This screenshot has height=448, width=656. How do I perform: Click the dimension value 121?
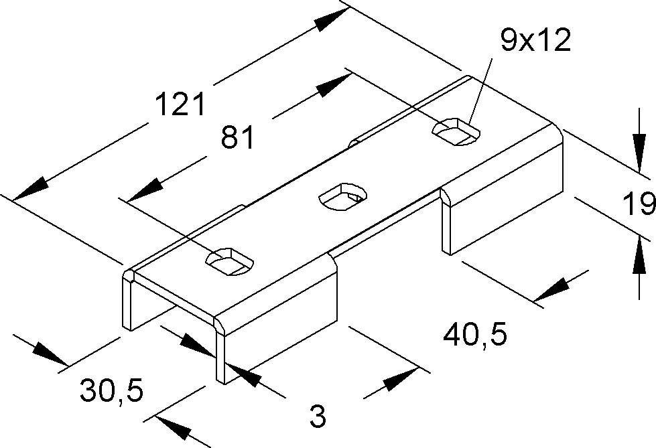180,104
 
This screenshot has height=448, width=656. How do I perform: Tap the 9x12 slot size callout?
536,40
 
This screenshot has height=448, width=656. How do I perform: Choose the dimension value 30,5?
112,390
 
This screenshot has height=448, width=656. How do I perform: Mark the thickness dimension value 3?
318,415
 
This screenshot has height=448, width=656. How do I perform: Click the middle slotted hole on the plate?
342,196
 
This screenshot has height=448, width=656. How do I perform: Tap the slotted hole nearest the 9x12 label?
456,131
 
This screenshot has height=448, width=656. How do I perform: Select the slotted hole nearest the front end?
230,261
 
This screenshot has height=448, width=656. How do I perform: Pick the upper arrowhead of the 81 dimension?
334,85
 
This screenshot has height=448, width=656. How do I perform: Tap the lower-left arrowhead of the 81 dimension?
144,190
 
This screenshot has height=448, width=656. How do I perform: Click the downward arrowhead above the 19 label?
639,153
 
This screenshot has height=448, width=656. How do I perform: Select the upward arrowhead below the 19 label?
639,255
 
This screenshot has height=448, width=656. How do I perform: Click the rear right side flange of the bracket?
502,189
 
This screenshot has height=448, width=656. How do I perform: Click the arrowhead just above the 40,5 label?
551,290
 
